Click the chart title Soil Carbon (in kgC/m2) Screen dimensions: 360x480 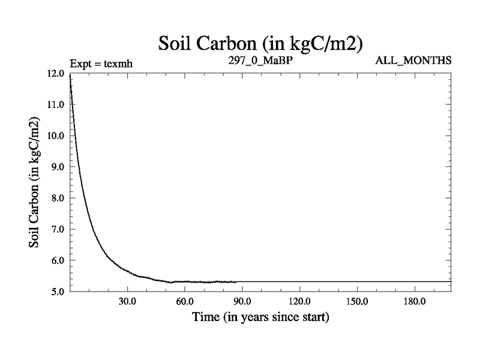259,43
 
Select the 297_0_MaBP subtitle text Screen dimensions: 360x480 259,61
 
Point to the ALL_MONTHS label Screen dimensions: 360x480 413,61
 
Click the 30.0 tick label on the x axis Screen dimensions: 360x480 127,301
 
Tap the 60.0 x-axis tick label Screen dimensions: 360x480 184,301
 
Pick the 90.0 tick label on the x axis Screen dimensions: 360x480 242,301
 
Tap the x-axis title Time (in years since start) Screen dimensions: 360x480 260,317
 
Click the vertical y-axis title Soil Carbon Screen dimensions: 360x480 35,182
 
